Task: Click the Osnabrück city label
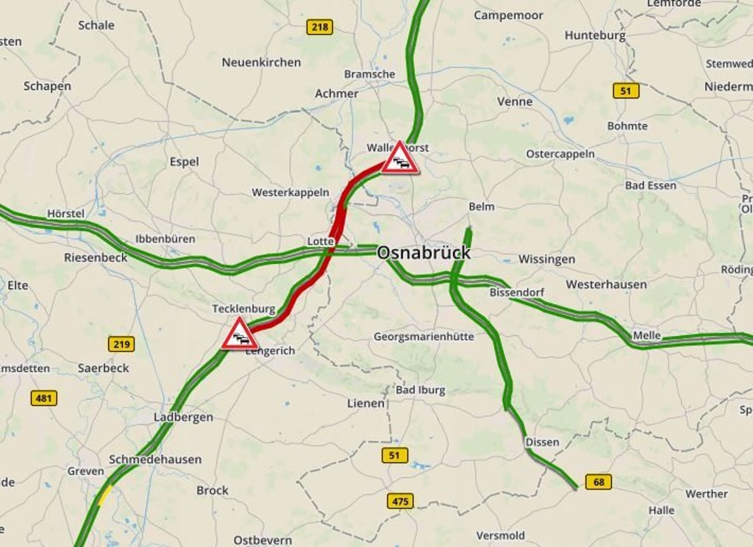click(x=423, y=253)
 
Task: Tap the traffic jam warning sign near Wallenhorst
click(x=400, y=159)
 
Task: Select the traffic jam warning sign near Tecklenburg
click(x=240, y=335)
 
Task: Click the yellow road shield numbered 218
click(x=319, y=27)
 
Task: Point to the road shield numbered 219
click(x=121, y=344)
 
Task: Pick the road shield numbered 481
click(x=43, y=398)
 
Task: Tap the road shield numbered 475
click(x=400, y=501)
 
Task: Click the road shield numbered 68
click(x=599, y=482)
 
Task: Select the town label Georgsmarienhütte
click(x=424, y=337)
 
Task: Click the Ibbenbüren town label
click(x=165, y=239)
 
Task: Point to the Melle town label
click(x=647, y=335)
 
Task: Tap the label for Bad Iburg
click(x=421, y=390)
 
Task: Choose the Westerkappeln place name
click(x=290, y=193)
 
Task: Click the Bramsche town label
click(x=369, y=74)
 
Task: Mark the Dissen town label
click(x=542, y=442)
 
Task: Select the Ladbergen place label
click(x=183, y=417)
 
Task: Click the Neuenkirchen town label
click(x=261, y=62)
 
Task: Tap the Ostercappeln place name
click(x=560, y=154)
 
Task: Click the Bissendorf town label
click(x=517, y=293)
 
